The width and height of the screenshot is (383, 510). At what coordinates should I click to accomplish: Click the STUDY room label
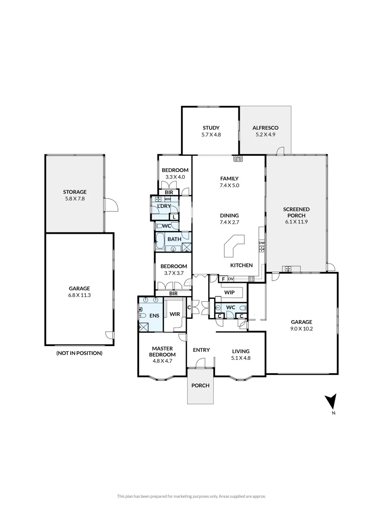pos(211,128)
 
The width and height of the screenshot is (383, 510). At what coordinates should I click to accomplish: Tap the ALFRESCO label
pos(265,128)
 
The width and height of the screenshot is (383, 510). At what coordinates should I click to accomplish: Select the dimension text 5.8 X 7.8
pos(75,199)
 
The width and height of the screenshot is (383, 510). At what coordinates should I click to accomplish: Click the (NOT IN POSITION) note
pos(79,353)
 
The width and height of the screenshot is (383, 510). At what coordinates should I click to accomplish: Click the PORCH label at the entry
pos(200,385)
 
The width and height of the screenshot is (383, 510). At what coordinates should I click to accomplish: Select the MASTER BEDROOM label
pos(162,351)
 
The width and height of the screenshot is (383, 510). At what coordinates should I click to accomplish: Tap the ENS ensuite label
pos(154,315)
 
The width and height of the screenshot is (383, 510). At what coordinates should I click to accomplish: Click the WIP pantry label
pos(230,292)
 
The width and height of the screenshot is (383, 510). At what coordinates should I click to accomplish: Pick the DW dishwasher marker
pos(261,243)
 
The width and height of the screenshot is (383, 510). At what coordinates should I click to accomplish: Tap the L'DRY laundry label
pos(164,206)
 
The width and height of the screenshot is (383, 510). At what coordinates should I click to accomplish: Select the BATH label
pos(174,239)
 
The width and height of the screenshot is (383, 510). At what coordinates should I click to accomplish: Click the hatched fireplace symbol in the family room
pos(237,159)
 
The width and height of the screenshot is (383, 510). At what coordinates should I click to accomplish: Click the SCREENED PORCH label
pos(296,212)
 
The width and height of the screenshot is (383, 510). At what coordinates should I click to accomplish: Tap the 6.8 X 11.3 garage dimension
pos(79,295)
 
